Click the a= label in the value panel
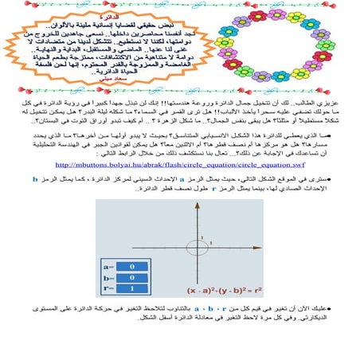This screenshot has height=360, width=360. click(x=104, y=268)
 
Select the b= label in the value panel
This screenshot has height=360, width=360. click(x=104, y=278)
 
